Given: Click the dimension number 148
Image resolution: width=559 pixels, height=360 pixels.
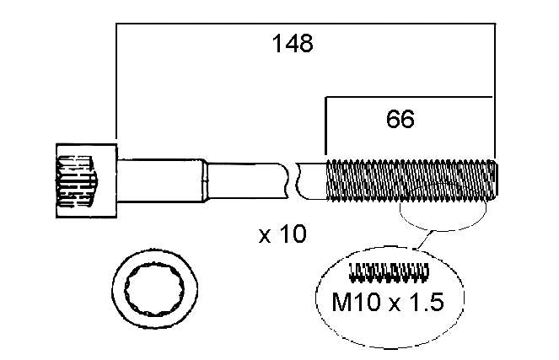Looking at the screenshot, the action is (293, 44).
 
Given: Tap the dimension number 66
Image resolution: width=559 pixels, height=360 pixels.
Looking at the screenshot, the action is (400, 119).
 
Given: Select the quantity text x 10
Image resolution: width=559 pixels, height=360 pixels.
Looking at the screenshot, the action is (282, 234).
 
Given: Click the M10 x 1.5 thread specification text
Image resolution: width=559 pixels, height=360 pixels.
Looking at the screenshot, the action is (388, 302).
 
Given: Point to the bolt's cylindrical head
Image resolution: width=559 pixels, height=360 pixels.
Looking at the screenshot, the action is (87, 180).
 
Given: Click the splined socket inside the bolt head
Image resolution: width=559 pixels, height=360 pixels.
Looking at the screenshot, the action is (77, 181).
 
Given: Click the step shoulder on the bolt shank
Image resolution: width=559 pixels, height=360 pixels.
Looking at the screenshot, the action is (205, 180).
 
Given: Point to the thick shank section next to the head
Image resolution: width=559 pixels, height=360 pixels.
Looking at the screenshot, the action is (160, 180).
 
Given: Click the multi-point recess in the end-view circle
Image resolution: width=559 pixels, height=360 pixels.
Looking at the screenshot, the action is (154, 289).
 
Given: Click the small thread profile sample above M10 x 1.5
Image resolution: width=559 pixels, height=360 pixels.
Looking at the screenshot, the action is (389, 272).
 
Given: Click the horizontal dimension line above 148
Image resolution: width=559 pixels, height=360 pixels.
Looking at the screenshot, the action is (305, 24).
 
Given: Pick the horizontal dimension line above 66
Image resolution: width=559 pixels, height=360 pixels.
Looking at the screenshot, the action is (409, 97).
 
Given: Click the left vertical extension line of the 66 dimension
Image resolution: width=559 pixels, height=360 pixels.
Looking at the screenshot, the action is (325, 126).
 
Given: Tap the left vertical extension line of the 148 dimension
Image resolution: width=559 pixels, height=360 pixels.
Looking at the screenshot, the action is (116, 81).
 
